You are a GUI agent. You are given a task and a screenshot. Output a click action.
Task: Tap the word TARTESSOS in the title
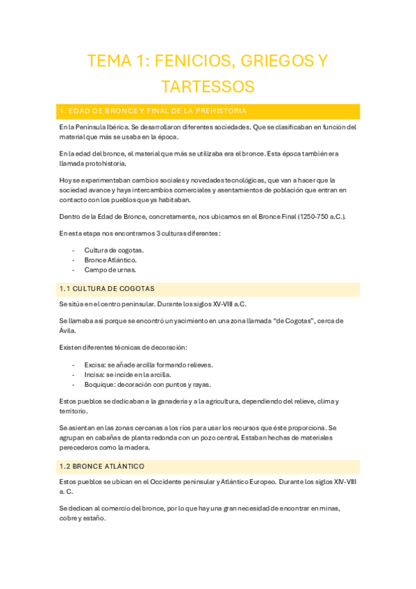[208, 87]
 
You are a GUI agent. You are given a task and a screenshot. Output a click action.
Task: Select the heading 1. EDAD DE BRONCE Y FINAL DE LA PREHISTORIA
[153, 111]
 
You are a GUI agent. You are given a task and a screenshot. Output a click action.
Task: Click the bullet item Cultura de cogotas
[114, 250]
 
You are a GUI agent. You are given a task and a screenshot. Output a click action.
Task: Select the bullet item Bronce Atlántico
[110, 260]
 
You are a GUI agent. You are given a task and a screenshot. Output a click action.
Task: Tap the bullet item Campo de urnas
[109, 269]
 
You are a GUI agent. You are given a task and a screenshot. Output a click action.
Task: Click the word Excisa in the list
[94, 365]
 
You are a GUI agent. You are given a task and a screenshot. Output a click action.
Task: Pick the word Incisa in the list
[94, 374]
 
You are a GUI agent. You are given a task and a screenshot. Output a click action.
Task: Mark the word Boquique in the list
[99, 384]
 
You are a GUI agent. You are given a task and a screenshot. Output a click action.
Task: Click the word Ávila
[68, 331]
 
